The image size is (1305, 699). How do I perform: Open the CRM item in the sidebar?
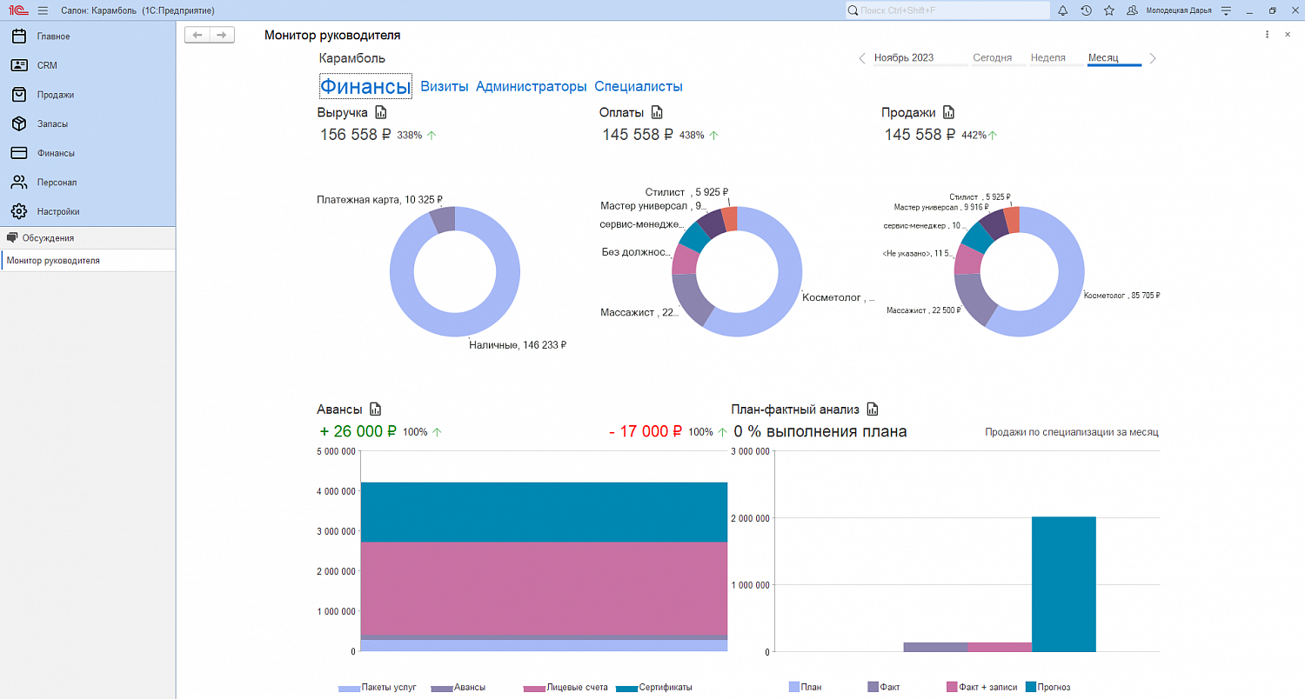pos(47,65)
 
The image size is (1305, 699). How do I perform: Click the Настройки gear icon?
pos(19,211)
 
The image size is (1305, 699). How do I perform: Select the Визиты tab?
pos(444,86)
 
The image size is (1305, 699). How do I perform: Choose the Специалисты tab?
pos(638,86)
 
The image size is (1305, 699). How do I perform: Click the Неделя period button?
pos(1047,57)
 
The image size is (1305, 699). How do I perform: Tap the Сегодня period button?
pos(992,57)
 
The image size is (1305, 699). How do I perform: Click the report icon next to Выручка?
pos(380,112)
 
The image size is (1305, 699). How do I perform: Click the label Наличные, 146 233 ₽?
pos(518,345)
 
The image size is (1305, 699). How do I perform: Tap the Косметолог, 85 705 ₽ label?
pos(1121,295)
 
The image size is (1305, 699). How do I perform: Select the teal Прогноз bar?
pos(1063,583)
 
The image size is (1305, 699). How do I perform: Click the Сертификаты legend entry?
pos(653,688)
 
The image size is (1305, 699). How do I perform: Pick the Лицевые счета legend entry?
pos(565,688)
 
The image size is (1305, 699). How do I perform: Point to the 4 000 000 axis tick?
pos(336,491)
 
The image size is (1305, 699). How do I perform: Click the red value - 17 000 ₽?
pos(645,431)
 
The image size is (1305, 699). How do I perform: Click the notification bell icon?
pos(1062,10)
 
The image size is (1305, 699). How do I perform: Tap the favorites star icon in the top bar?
pos(1108,10)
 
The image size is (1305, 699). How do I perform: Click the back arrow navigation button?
pos(197,35)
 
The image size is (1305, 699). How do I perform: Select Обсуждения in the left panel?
pos(48,238)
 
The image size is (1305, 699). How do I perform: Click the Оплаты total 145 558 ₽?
pos(638,135)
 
